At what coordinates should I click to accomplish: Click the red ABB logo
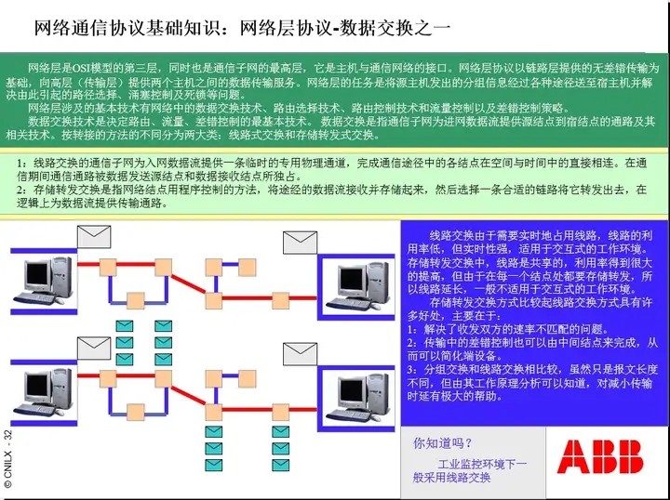600,457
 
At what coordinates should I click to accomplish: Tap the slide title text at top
242,28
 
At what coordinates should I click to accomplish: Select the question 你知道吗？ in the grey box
442,443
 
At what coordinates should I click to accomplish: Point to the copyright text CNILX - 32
7,458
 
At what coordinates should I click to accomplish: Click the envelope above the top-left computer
94,237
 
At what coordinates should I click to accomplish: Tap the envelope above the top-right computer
300,243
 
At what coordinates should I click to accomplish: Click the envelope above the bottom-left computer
94,349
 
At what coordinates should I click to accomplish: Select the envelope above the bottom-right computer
300,354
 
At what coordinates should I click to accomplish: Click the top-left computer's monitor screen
37,276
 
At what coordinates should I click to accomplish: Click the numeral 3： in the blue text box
413,369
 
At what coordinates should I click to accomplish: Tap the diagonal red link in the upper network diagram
188,283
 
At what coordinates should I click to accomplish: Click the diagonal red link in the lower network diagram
188,396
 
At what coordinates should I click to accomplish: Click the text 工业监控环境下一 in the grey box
482,464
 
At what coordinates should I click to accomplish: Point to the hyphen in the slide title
335,30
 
